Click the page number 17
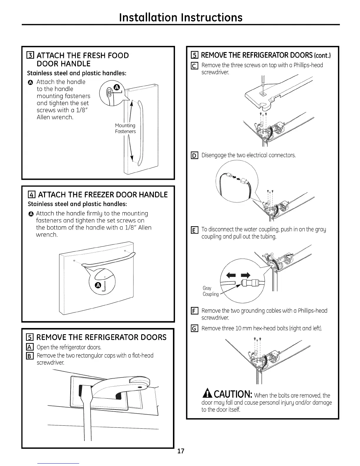[x=181, y=451]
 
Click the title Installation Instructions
[x=181, y=17]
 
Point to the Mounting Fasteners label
[x=125, y=128]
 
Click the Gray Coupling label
[x=211, y=291]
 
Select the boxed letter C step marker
[x=194, y=66]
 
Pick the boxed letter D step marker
[x=194, y=155]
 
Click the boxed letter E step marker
[x=194, y=230]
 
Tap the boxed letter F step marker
[x=194, y=311]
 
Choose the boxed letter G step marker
[x=194, y=328]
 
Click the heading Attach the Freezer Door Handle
[x=103, y=194]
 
